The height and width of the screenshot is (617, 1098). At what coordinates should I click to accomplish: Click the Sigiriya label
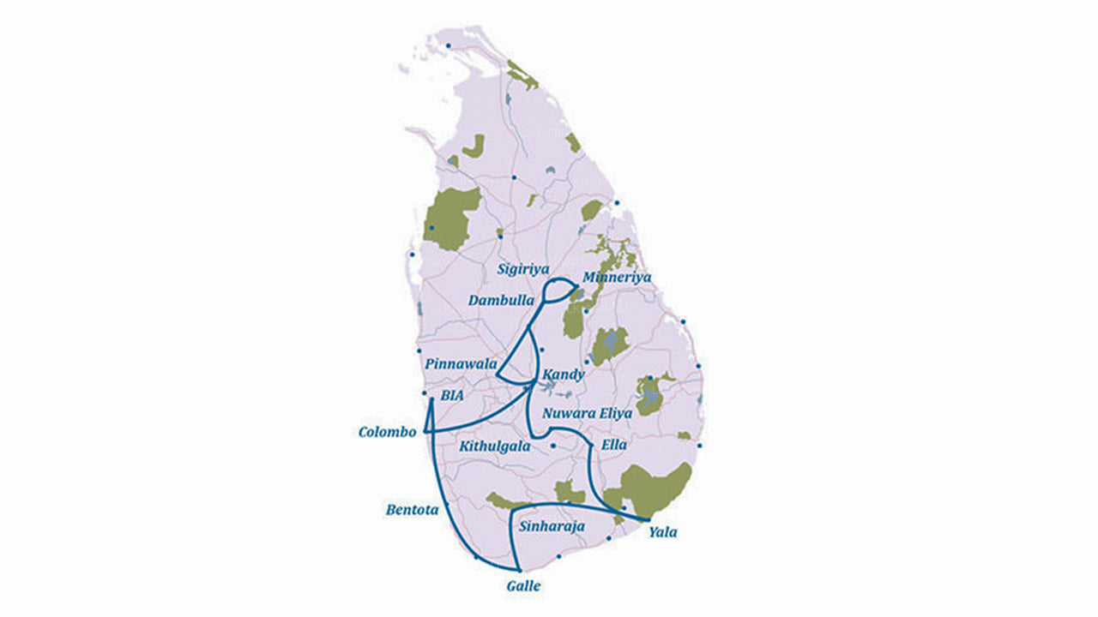pyautogui.click(x=523, y=269)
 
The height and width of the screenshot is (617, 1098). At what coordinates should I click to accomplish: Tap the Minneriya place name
pyautogui.click(x=616, y=278)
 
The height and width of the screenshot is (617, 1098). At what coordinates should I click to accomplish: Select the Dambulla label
pyautogui.click(x=501, y=301)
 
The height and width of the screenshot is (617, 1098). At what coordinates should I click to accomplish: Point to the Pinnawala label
pyautogui.click(x=461, y=364)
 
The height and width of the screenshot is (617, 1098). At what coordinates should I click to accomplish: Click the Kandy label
pyautogui.click(x=564, y=375)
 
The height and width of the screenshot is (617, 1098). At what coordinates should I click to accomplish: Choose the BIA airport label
pyautogui.click(x=452, y=396)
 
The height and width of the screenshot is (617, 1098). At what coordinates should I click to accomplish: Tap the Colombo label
pyautogui.click(x=387, y=432)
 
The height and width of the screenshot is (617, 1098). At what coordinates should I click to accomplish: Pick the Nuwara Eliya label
pyautogui.click(x=587, y=413)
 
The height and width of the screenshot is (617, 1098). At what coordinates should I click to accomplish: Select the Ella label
pyautogui.click(x=614, y=446)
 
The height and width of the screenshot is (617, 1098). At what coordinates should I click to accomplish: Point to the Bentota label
pyautogui.click(x=412, y=510)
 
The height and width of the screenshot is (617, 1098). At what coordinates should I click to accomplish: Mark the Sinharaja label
pyautogui.click(x=552, y=526)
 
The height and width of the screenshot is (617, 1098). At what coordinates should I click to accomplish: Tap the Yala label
pyautogui.click(x=662, y=532)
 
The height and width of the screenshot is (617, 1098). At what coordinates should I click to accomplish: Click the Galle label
pyautogui.click(x=523, y=586)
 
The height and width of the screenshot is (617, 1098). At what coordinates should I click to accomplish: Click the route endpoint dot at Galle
pyautogui.click(x=519, y=570)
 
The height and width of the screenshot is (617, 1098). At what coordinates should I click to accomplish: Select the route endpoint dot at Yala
pyautogui.click(x=647, y=520)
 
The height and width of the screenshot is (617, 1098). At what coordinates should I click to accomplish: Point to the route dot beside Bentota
pyautogui.click(x=447, y=507)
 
